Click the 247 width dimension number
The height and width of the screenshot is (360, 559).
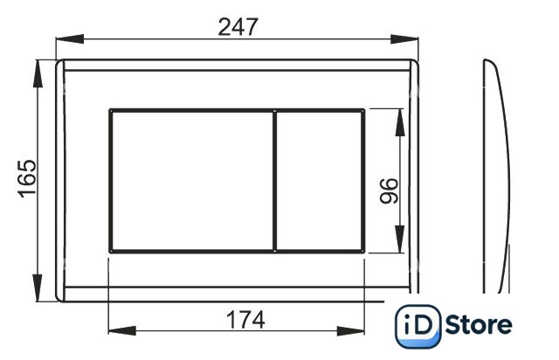[x=238, y=27]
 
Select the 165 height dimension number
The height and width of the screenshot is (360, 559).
[x=27, y=179]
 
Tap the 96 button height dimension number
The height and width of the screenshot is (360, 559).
[x=389, y=190]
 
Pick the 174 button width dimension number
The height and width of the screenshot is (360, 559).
[x=246, y=320]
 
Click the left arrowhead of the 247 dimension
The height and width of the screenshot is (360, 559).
[x=70, y=39]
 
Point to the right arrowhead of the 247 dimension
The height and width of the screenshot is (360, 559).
[x=404, y=39]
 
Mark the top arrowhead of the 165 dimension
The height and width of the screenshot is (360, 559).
[x=38, y=73]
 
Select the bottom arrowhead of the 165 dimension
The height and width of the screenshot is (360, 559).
[x=38, y=287]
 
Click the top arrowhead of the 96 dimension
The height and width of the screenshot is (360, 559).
[x=400, y=122]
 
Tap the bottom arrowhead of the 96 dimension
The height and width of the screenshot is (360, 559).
[x=400, y=239]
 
